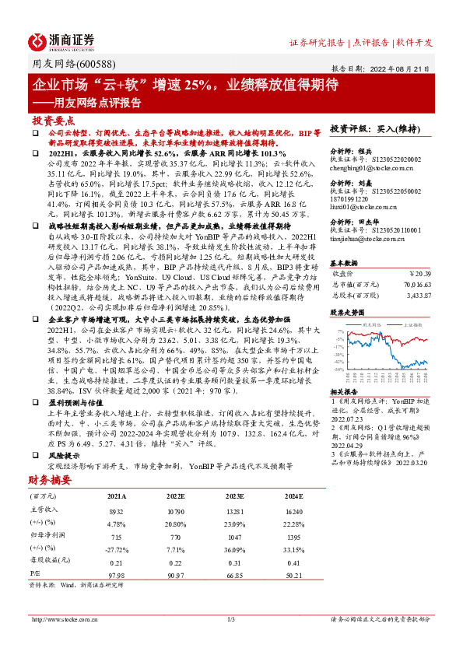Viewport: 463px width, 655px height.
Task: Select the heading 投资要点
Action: [x=53, y=121]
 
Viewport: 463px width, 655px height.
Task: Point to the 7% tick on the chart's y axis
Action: [x=338, y=331]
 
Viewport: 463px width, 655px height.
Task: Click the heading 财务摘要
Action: [x=52, y=480]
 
